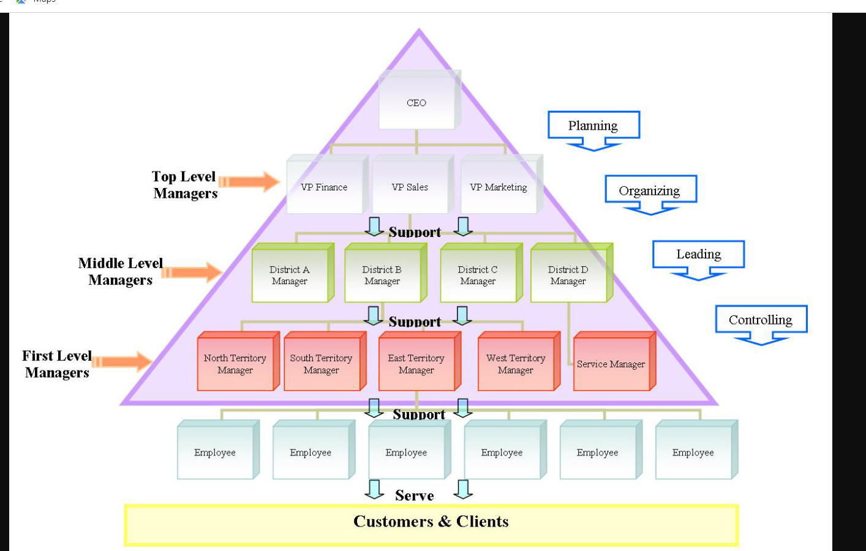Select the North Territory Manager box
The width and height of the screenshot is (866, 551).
235,364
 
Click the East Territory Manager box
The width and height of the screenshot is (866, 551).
416,364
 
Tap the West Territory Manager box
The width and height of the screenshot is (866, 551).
516,364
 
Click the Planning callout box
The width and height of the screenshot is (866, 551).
593,126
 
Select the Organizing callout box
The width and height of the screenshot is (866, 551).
650,190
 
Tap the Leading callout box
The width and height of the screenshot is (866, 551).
699,254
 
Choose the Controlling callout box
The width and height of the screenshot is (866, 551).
761,320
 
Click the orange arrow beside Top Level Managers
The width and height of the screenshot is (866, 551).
249,182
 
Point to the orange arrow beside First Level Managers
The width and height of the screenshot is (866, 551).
122,362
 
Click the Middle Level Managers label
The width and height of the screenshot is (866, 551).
121,271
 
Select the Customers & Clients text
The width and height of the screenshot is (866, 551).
431,522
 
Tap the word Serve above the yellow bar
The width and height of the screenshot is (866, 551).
415,495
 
